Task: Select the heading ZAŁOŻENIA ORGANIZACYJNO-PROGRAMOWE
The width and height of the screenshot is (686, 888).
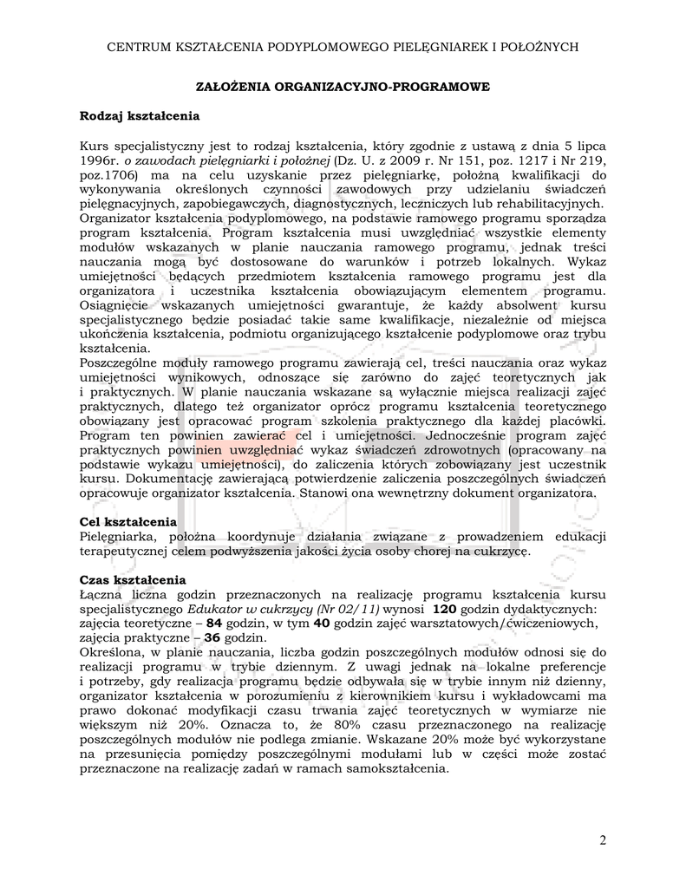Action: coord(343,87)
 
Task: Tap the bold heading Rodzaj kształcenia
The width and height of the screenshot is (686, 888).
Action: coord(140,115)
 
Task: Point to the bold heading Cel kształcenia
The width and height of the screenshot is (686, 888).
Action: coord(128,522)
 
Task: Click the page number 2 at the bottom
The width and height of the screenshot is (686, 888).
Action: coord(603,840)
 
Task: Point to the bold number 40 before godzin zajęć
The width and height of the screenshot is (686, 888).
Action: coord(321,624)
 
